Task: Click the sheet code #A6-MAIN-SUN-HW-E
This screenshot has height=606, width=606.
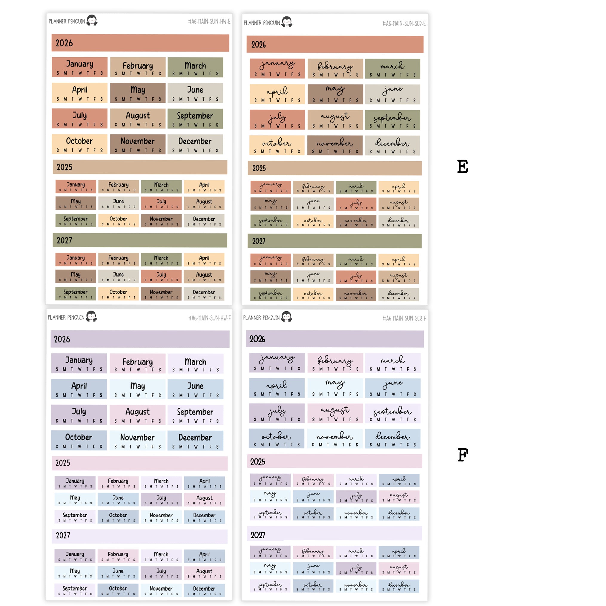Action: (209, 22)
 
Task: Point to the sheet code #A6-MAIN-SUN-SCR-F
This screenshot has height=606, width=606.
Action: (404, 318)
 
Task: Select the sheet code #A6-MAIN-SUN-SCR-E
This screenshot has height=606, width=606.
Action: (404, 24)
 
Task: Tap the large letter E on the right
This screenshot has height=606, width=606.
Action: (462, 167)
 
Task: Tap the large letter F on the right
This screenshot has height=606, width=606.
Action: (463, 455)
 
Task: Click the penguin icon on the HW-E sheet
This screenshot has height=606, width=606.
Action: (92, 20)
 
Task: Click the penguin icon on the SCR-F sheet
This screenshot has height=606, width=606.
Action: (286, 317)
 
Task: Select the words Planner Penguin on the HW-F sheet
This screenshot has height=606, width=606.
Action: (66, 317)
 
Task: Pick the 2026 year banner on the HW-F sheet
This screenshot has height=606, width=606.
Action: (140, 339)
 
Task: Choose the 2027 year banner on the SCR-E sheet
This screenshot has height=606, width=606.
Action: (335, 241)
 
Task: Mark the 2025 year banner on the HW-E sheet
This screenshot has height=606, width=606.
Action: (140, 167)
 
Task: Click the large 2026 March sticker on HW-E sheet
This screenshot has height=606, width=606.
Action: (195, 67)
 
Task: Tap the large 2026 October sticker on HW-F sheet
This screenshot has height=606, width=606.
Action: (79, 440)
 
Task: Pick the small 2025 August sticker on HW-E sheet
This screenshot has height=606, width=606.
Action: (204, 203)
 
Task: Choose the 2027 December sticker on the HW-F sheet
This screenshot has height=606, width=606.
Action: (204, 590)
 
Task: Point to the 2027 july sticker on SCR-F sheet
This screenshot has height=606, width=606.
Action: (356, 569)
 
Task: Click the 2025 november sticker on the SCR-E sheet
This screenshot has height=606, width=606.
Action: (356, 221)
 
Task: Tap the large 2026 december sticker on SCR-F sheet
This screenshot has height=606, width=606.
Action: (392, 438)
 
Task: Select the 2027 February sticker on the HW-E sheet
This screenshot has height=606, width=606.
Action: (118, 260)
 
